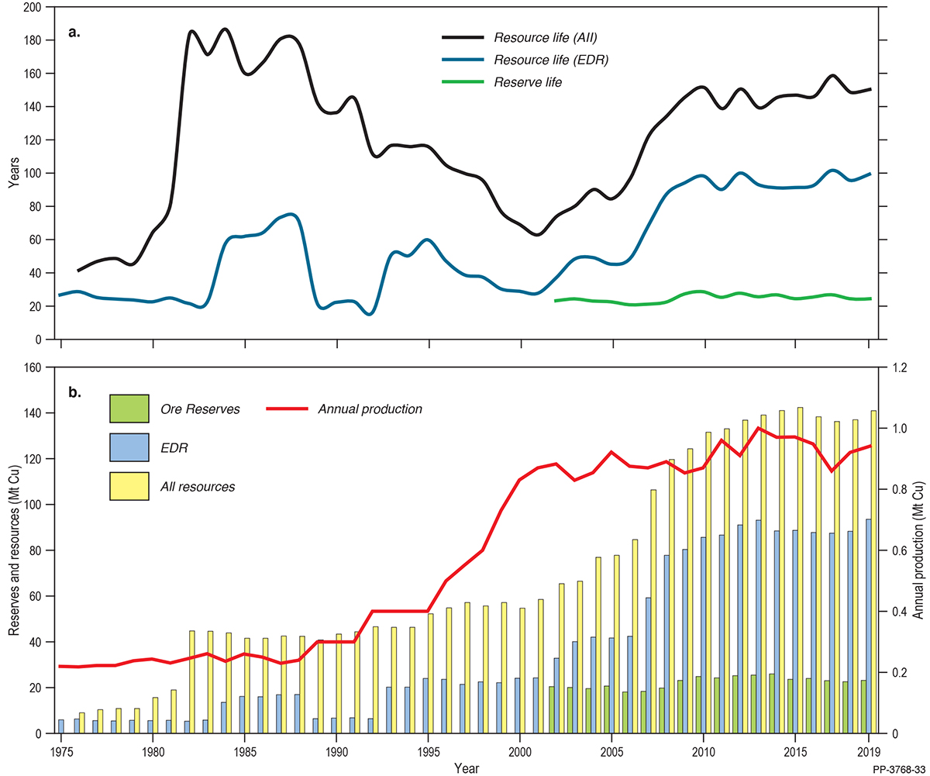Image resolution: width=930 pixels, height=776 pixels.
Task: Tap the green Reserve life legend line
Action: tap(463, 82)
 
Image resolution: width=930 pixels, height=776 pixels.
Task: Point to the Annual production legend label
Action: tap(370, 409)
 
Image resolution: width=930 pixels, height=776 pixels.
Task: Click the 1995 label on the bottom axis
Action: tap(429, 751)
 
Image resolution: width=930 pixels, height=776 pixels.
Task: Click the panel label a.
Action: tap(74, 33)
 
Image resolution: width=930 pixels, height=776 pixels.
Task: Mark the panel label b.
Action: tap(74, 393)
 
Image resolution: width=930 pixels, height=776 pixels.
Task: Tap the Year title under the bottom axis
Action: tap(466, 767)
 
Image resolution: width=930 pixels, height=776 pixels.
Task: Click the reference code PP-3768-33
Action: tap(897, 767)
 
